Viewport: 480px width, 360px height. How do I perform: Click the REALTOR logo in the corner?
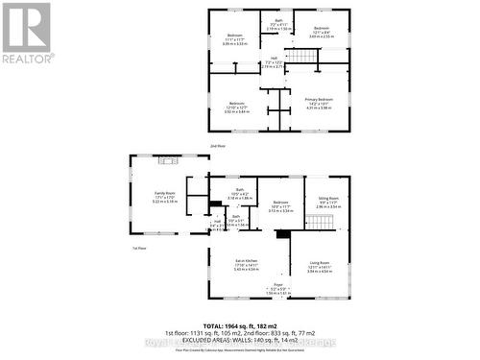(26, 34)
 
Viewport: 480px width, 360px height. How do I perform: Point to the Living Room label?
(319, 267)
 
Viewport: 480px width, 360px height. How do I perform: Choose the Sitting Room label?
(328, 203)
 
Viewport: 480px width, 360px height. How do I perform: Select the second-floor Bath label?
(277, 25)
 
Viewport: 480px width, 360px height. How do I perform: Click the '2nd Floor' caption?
(218, 145)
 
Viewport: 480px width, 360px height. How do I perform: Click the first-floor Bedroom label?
(280, 205)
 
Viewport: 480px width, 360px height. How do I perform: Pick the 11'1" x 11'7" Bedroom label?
(233, 39)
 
